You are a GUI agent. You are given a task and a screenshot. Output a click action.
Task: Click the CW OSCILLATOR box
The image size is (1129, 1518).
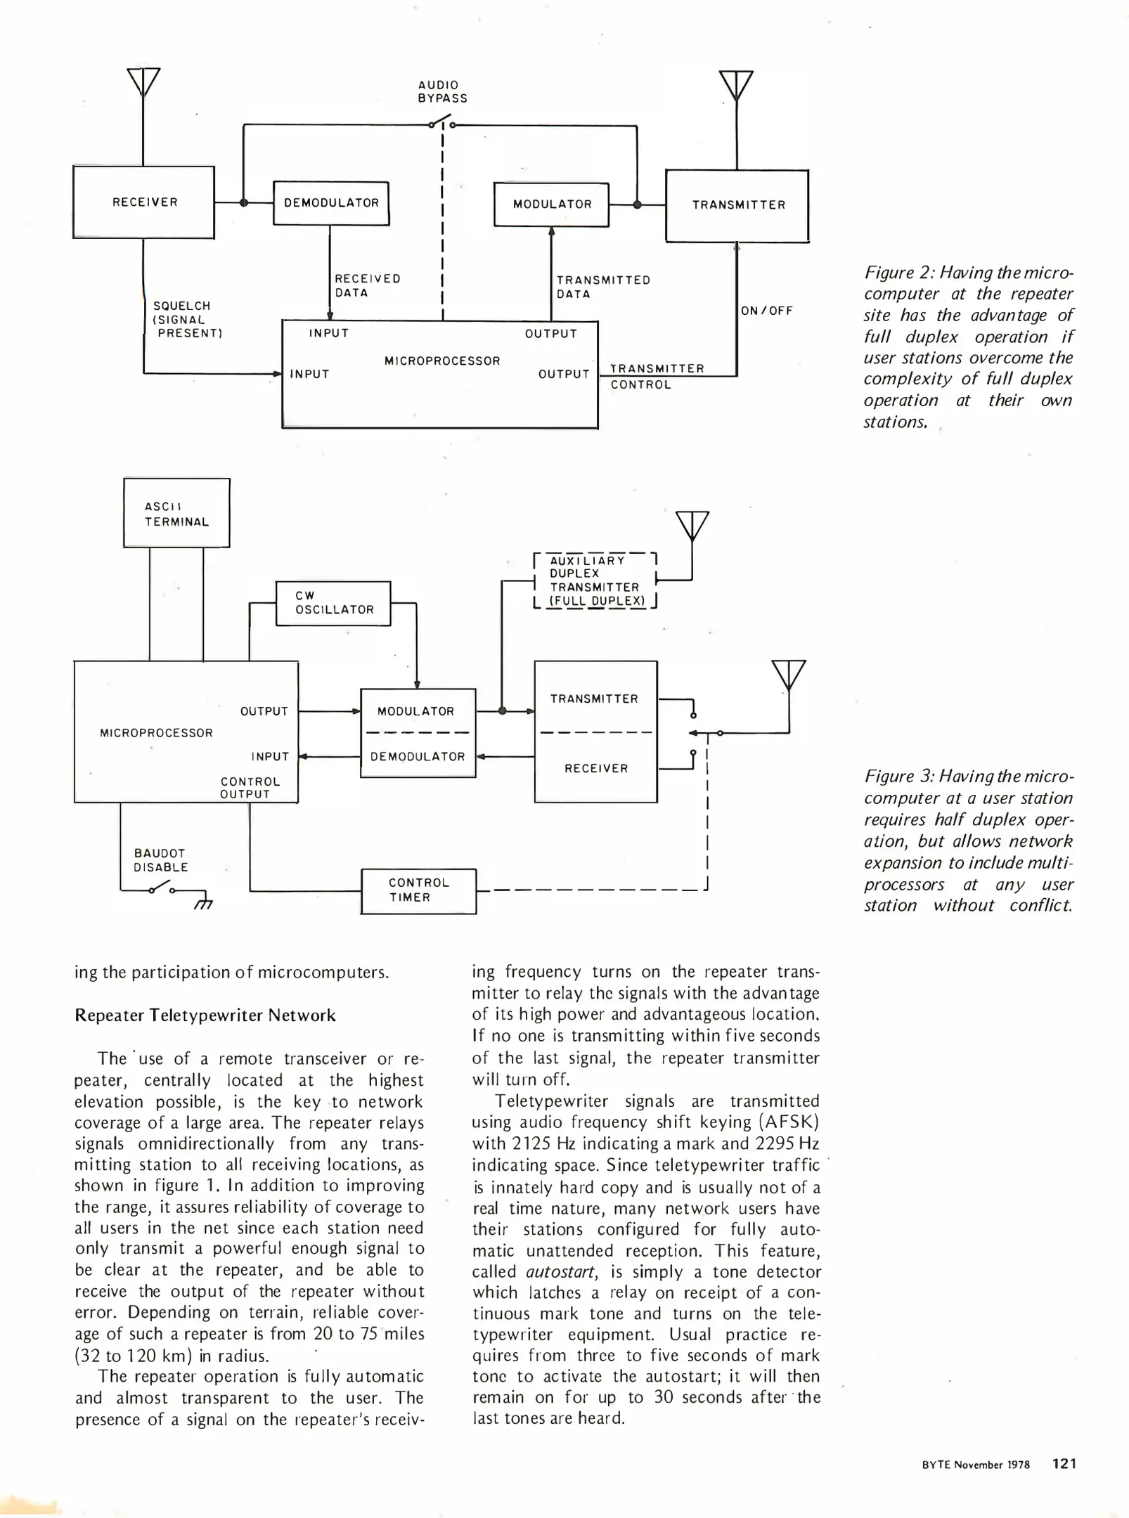pos(333,603)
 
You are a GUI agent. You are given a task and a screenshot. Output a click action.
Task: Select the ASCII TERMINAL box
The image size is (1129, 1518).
pos(176,513)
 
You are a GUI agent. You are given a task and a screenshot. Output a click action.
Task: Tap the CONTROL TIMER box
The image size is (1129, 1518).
pos(418,890)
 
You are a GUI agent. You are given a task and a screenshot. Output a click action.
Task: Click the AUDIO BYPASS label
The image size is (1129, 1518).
pos(442,91)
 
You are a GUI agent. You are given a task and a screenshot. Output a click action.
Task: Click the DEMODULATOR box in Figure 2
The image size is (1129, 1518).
pos(331,203)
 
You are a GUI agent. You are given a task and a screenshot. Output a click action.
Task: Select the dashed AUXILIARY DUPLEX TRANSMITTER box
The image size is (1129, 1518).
pos(595,580)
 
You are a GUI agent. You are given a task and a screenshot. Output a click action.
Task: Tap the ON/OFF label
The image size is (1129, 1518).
pos(766,311)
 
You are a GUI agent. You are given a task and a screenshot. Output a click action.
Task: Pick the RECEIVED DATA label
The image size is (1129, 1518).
pos(367,285)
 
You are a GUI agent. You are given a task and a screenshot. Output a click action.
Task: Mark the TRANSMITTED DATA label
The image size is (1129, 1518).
pos(603,287)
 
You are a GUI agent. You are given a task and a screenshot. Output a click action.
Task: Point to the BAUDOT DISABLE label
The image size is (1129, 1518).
pos(161,860)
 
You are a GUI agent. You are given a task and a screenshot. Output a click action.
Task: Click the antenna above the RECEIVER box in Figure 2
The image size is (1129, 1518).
pos(143,83)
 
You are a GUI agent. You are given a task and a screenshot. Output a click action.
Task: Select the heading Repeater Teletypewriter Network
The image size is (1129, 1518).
pos(205,1016)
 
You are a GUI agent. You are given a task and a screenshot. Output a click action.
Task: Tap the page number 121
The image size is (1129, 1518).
pos(1064,1463)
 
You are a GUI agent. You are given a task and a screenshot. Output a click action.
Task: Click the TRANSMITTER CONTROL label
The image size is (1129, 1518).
pos(657,377)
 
